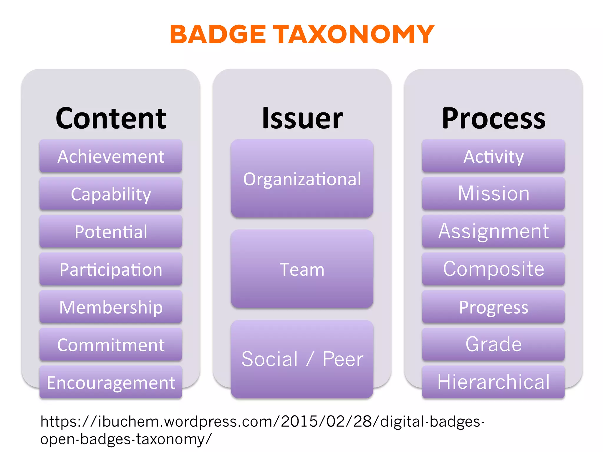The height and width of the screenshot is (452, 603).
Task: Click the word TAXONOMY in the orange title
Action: pyautogui.click(x=354, y=34)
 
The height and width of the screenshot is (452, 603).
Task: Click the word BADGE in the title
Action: pyautogui.click(x=218, y=34)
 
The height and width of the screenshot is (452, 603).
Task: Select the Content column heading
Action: pyautogui.click(x=111, y=118)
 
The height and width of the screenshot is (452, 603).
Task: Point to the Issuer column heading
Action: pyautogui.click(x=302, y=118)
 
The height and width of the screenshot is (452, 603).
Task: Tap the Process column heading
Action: pyautogui.click(x=493, y=118)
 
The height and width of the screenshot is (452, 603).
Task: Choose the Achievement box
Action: pyautogui.click(x=111, y=156)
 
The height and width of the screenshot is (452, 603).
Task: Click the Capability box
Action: pyautogui.click(x=111, y=194)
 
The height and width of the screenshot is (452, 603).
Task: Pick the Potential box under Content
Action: pyautogui.click(x=111, y=231)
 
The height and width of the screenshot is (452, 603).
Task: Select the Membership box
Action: pyautogui.click(x=111, y=307)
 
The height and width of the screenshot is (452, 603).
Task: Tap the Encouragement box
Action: pyautogui.click(x=111, y=382)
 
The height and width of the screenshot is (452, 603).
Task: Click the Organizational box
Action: pyautogui.click(x=302, y=178)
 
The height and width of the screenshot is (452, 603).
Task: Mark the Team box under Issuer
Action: pyautogui.click(x=302, y=269)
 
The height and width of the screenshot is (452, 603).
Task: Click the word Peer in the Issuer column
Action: pyautogui.click(x=343, y=359)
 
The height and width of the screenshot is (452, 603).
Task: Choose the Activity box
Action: pyautogui.click(x=493, y=156)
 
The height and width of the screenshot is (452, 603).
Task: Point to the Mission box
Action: pyautogui.click(x=493, y=194)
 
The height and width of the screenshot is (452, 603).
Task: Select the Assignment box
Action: pyautogui.click(x=493, y=231)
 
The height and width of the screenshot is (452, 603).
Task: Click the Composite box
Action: pyautogui.click(x=493, y=269)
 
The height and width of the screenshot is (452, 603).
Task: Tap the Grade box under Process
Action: pyautogui.click(x=493, y=344)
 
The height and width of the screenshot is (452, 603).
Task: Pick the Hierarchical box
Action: pyautogui.click(x=493, y=382)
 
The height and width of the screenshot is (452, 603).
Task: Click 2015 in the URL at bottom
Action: pyautogui.click(x=299, y=421)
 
